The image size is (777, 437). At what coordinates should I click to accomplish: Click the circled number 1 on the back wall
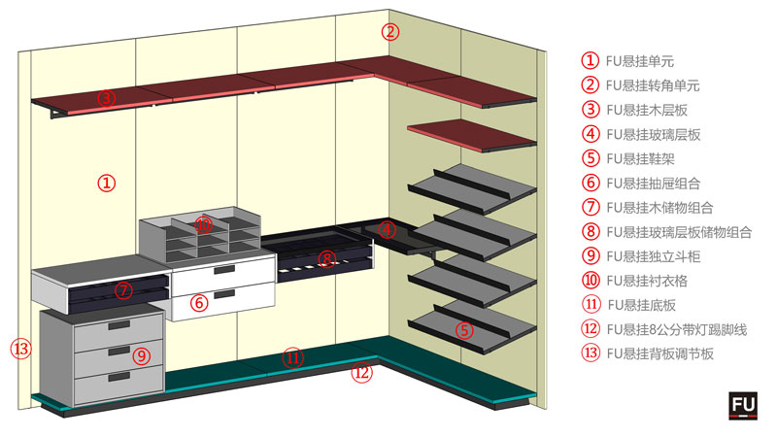click(108, 182)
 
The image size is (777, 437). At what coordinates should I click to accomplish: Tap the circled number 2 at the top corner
click(389, 31)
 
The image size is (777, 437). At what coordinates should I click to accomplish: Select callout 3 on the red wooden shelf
click(107, 97)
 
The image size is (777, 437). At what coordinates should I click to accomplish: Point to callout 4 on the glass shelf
click(387, 230)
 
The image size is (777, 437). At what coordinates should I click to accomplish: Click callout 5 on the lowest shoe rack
click(465, 330)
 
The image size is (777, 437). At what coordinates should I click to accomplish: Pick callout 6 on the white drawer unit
click(199, 302)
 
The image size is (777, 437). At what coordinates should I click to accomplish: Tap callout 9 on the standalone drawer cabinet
click(142, 355)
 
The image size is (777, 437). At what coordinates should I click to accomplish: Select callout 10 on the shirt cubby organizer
click(203, 225)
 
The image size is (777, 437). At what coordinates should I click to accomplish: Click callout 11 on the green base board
click(293, 357)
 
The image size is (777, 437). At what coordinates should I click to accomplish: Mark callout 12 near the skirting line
click(361, 372)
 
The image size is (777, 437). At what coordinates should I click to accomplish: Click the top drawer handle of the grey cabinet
click(120, 325)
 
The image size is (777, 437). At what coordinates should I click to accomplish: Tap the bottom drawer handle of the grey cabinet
click(120, 376)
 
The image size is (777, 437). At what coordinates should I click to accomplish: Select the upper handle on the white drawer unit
click(223, 270)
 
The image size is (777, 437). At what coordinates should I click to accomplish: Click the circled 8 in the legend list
click(590, 232)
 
